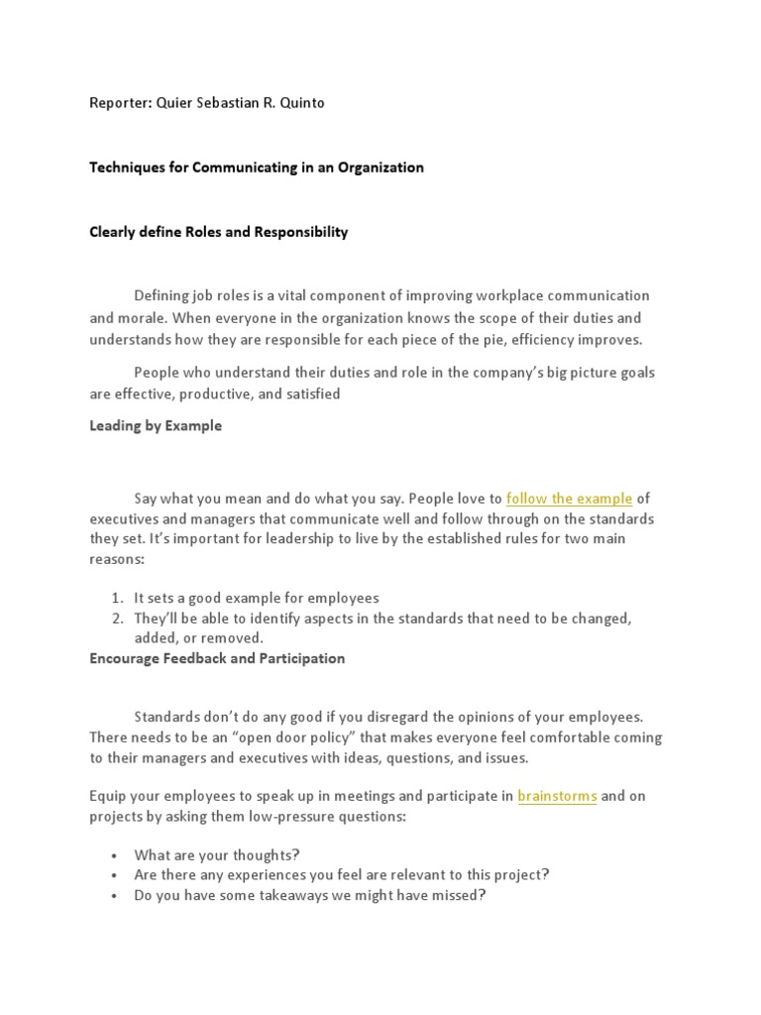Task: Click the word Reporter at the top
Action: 119,103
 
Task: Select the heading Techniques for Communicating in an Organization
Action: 257,168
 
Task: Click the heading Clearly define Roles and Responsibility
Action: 219,232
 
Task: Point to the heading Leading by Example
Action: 156,425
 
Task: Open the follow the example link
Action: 569,499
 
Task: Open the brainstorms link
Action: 557,795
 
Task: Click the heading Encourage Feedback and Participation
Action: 217,658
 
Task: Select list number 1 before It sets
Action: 116,598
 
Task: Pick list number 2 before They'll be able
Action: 116,618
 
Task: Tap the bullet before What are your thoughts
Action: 115,855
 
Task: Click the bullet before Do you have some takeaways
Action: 115,895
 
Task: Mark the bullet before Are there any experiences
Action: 115,875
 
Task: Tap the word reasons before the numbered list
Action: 117,560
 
